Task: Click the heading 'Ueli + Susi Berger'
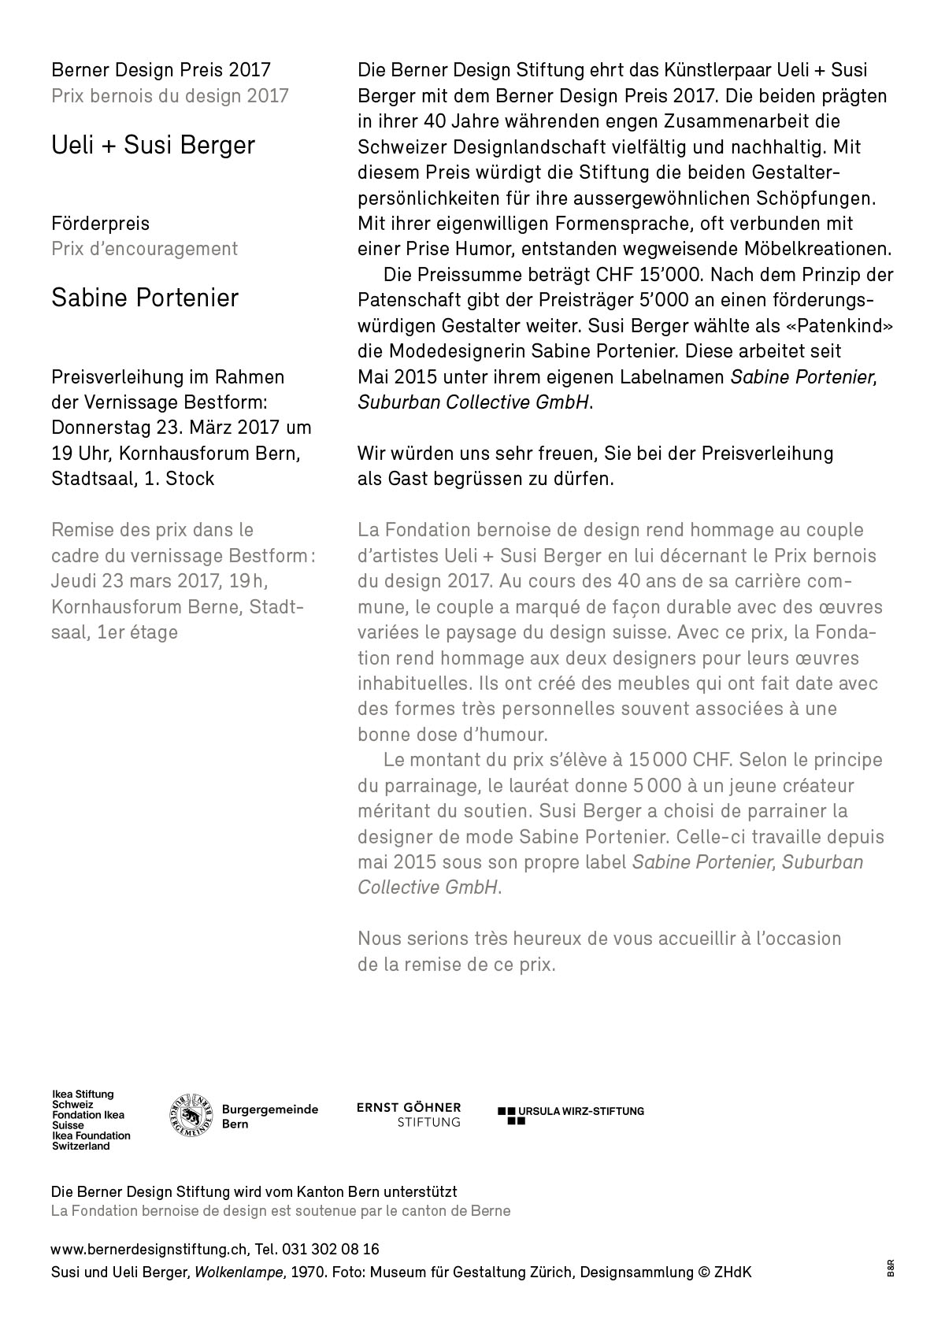(153, 146)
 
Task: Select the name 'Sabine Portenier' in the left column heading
(144, 298)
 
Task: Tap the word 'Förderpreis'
(100, 224)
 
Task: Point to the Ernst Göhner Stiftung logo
(409, 1114)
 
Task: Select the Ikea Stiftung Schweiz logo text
(91, 1121)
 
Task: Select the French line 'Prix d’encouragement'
(144, 249)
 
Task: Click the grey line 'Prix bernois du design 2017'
(169, 96)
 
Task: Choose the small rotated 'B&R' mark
(891, 1269)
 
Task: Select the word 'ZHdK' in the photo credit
(732, 1272)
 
